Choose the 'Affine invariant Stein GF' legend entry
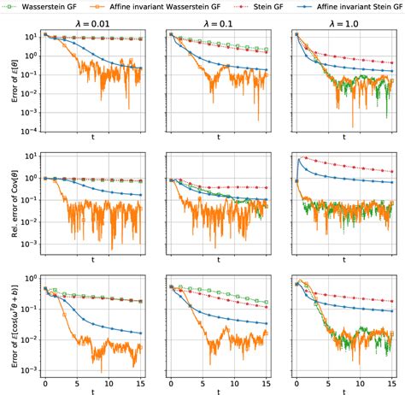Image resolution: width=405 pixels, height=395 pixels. [x=350, y=7]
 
